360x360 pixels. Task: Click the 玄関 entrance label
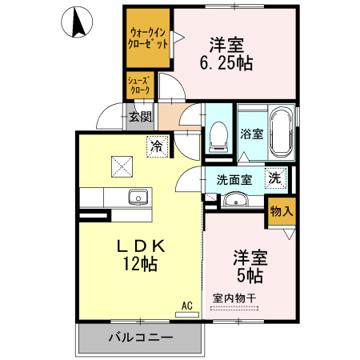[140, 118]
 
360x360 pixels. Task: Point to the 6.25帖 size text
[226, 63]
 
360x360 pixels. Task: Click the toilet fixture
[217, 138]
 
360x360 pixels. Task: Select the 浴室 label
[250, 134]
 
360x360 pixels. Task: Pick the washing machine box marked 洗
[274, 178]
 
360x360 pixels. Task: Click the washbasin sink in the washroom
[233, 199]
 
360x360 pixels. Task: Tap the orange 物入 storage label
[282, 212]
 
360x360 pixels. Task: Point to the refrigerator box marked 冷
[157, 146]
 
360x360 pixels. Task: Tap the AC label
[186, 305]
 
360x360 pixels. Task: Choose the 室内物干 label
[234, 298]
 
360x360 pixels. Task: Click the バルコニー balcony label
[140, 338]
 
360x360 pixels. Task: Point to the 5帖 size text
[250, 276]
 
